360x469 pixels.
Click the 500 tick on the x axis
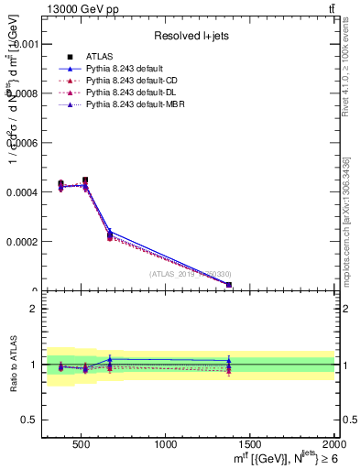pyautogui.click(x=81, y=444)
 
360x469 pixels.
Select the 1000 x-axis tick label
pyautogui.click(x=166, y=444)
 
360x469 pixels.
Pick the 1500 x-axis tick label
pyautogui.click(x=250, y=444)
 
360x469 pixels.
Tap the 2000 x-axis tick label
pyautogui.click(x=333, y=444)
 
